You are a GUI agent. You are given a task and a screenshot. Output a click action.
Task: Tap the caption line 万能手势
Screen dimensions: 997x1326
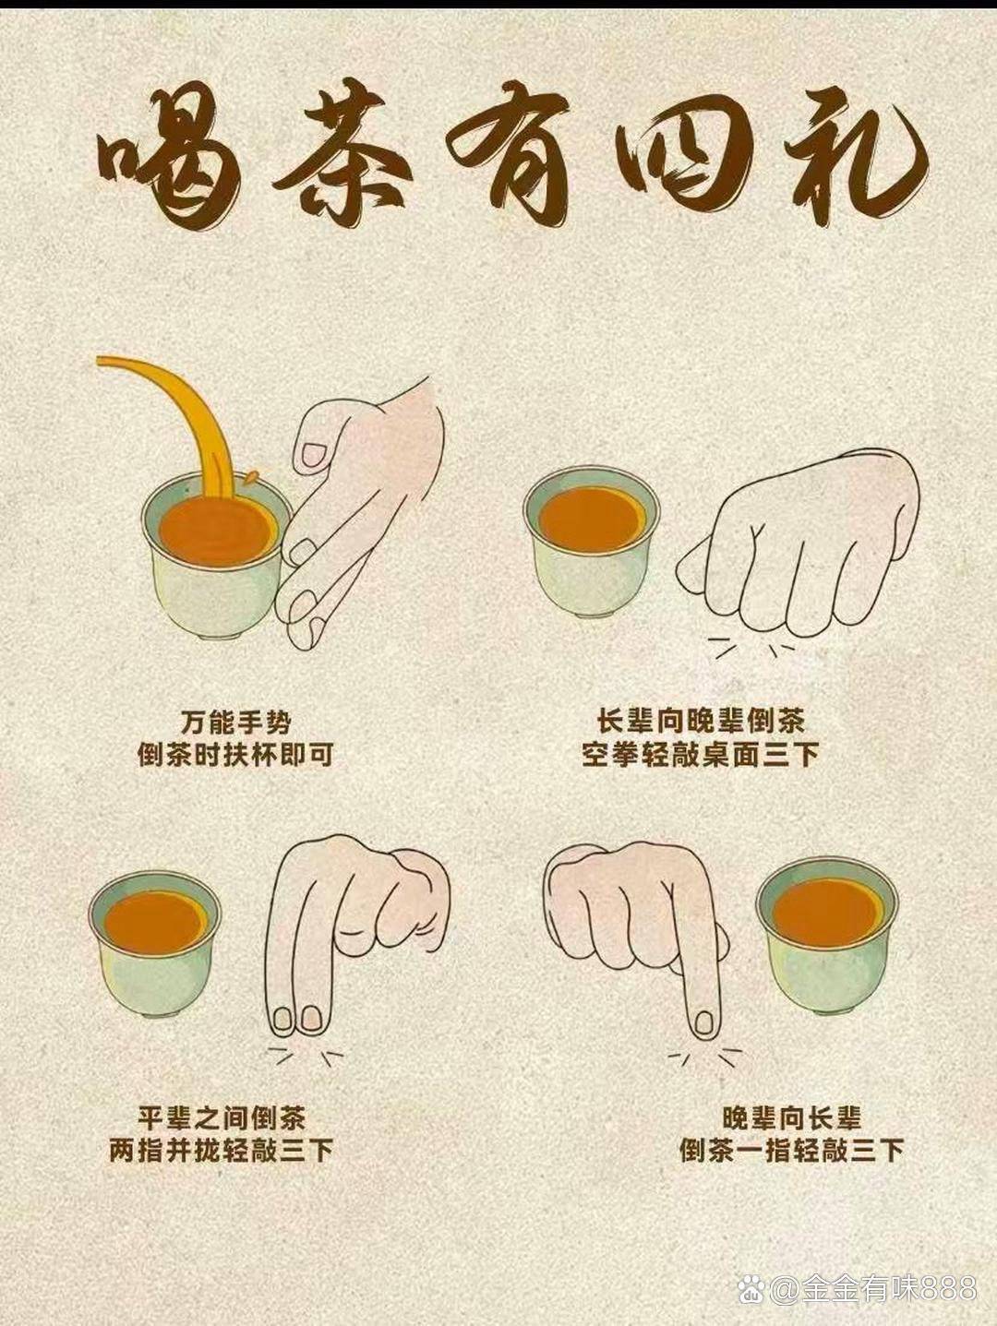(236, 723)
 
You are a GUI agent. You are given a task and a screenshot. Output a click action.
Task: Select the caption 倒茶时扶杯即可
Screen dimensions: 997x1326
(235, 755)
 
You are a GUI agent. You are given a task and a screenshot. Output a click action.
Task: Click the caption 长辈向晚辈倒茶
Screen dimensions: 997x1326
(701, 722)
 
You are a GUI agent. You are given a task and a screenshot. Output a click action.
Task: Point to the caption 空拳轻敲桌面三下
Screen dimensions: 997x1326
(701, 755)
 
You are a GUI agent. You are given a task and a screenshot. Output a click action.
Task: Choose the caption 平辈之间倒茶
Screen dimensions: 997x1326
(222, 1117)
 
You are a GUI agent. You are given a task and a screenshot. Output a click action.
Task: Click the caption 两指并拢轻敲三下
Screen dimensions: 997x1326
(222, 1150)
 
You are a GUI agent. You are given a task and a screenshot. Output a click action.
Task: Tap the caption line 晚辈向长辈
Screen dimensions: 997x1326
(791, 1117)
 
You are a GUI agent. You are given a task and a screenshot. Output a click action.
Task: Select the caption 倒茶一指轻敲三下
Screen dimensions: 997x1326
(791, 1150)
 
